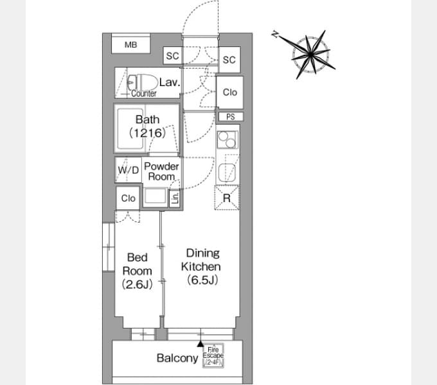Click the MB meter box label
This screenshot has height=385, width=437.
click(x=130, y=44)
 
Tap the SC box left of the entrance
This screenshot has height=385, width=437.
click(x=172, y=56)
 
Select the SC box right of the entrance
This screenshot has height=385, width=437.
click(x=229, y=60)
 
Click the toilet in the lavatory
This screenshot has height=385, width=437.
click(x=141, y=82)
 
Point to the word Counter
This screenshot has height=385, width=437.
click(x=144, y=94)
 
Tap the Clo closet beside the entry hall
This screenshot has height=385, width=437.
click(x=230, y=92)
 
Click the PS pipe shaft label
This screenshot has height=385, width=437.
click(x=231, y=117)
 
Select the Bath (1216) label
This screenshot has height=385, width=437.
click(x=148, y=126)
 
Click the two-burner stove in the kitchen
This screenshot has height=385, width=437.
click(x=227, y=140)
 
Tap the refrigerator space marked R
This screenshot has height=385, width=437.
click(x=227, y=198)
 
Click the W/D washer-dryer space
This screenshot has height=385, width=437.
click(x=128, y=170)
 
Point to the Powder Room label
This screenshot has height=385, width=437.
click(x=161, y=171)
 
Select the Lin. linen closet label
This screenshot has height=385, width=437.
click(x=175, y=198)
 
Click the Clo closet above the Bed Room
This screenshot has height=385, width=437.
click(x=128, y=198)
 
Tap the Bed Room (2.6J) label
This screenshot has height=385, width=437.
click(x=137, y=271)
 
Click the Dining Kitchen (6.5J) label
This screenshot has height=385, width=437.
click(x=202, y=266)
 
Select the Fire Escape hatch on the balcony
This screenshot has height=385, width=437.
click(x=213, y=355)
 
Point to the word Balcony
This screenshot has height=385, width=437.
click(x=177, y=358)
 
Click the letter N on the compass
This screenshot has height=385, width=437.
click(x=275, y=35)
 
